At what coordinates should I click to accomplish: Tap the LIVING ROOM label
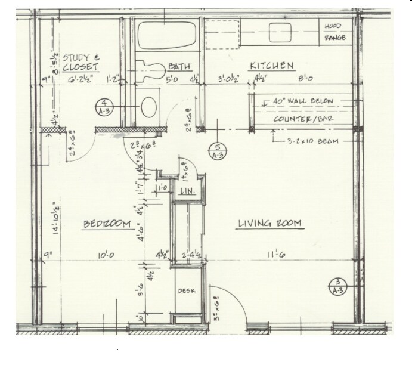[x=269, y=224]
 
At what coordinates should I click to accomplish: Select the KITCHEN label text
[x=271, y=66]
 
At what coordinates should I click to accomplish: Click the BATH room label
[x=178, y=66]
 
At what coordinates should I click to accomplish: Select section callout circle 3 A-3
[x=337, y=286]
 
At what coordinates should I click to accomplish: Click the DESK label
[x=185, y=291]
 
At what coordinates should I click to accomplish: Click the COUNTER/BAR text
[x=302, y=119]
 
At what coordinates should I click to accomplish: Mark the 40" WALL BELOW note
[x=303, y=101]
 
